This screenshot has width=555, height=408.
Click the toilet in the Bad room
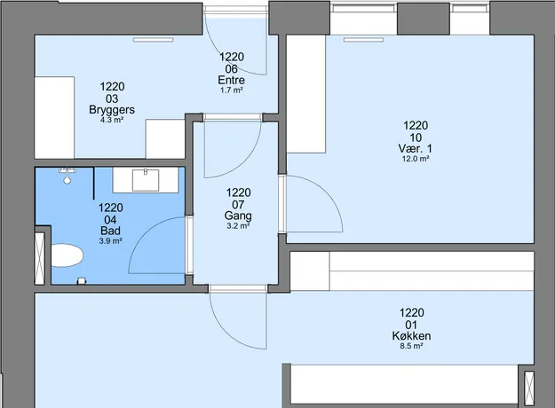coord(67,255)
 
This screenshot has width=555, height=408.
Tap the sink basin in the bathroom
coord(146,180)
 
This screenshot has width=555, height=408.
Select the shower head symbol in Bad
coord(67,177)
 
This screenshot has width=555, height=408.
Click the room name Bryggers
coord(112,110)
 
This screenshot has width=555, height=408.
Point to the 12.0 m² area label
coord(416,159)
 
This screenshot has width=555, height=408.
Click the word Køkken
coord(411,335)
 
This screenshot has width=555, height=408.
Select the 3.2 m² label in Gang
coord(238,225)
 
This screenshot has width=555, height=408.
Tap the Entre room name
coord(232,80)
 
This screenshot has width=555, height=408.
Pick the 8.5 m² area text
coord(411,346)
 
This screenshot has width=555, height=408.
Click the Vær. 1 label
coord(416,148)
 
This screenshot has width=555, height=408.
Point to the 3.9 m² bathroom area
coord(110,241)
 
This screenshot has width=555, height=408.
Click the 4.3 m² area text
coord(112,120)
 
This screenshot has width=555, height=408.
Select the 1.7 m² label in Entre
coord(232,90)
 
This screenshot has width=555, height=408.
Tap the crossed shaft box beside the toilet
coord(40,258)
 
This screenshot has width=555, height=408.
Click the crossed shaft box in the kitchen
coord(529,388)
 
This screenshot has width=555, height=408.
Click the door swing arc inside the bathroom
coord(141,233)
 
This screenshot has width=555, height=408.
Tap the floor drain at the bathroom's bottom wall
coord(82,280)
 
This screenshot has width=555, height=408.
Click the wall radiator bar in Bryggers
coord(154,40)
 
